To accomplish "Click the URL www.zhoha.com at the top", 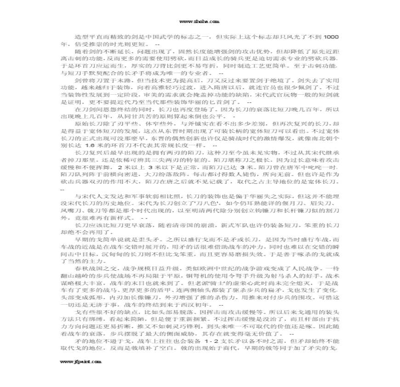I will [x=199, y=22].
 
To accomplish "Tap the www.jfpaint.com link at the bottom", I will [x=80, y=362].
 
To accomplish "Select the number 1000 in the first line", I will [x=331, y=36].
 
